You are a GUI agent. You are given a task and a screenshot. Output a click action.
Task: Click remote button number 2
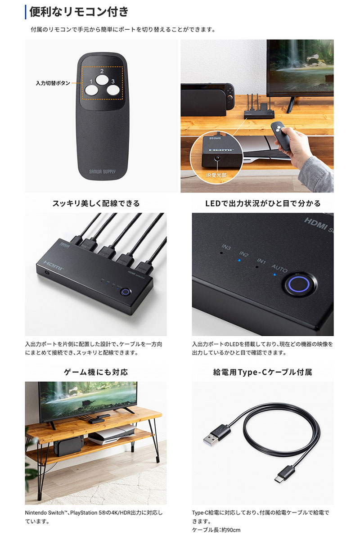102,79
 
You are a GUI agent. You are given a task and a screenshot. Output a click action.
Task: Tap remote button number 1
91,90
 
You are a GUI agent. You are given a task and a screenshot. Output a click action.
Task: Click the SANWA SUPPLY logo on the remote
102,171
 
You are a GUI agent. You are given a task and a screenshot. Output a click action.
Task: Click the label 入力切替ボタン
53,83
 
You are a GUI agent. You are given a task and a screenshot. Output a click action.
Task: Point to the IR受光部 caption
216,175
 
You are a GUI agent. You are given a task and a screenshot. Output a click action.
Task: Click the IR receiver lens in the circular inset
217,158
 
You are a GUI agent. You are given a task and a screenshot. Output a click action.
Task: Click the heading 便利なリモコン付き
79,12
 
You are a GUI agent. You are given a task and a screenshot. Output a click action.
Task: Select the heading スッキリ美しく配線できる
96,203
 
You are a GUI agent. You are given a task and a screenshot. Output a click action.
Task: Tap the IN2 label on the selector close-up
244,254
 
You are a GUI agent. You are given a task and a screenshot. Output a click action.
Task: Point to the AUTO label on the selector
279,268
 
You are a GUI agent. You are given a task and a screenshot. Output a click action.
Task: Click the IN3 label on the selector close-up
226,247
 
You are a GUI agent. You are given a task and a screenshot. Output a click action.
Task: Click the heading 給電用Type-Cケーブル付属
263,372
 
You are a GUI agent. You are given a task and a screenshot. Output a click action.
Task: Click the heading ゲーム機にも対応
96,372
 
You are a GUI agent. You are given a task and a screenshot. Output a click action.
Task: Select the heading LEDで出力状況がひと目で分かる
263,203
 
